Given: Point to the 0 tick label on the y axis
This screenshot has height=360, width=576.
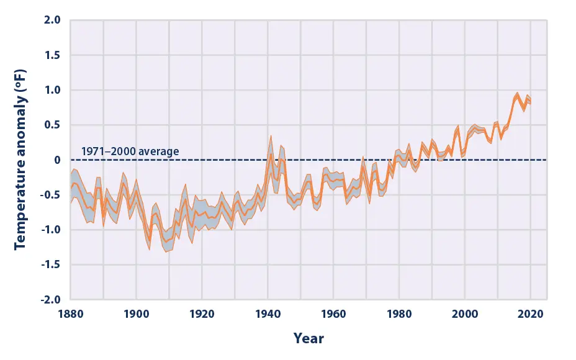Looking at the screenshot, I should coord(56,160).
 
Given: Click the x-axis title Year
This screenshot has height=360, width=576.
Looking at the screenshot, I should coord(309,338).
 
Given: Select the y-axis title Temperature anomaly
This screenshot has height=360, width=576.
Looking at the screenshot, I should coord(19,160).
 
